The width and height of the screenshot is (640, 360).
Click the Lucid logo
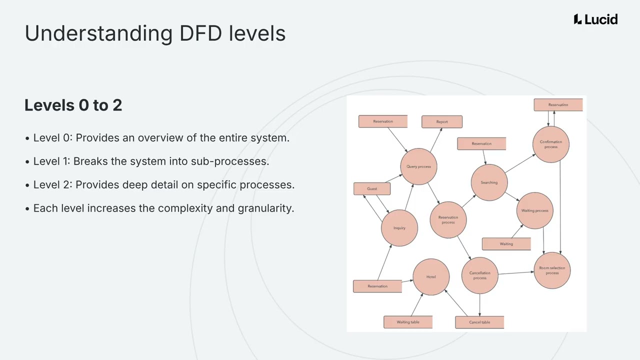[595, 19]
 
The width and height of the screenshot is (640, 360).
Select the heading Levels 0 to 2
[73, 105]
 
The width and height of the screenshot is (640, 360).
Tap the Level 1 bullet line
[151, 161]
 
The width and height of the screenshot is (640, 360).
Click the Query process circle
[418, 166]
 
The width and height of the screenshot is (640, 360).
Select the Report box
[441, 122]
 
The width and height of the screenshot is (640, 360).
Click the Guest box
[372, 189]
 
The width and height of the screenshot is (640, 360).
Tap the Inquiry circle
[399, 228]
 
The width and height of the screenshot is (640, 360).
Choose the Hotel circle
[431, 277]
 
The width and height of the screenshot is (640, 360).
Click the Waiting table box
[408, 322]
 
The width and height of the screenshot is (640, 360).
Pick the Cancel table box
[479, 322]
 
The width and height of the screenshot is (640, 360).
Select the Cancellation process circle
[479, 275]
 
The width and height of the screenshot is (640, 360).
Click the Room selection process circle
[552, 270]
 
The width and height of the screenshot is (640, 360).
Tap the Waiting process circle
[534, 210]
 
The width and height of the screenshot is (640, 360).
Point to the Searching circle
[489, 182]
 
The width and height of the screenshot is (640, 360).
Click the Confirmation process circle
[550, 144]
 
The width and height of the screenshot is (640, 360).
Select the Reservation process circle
[448, 220]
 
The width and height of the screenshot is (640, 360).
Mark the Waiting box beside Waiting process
[506, 244]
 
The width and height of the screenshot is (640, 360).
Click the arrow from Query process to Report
[436, 140]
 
